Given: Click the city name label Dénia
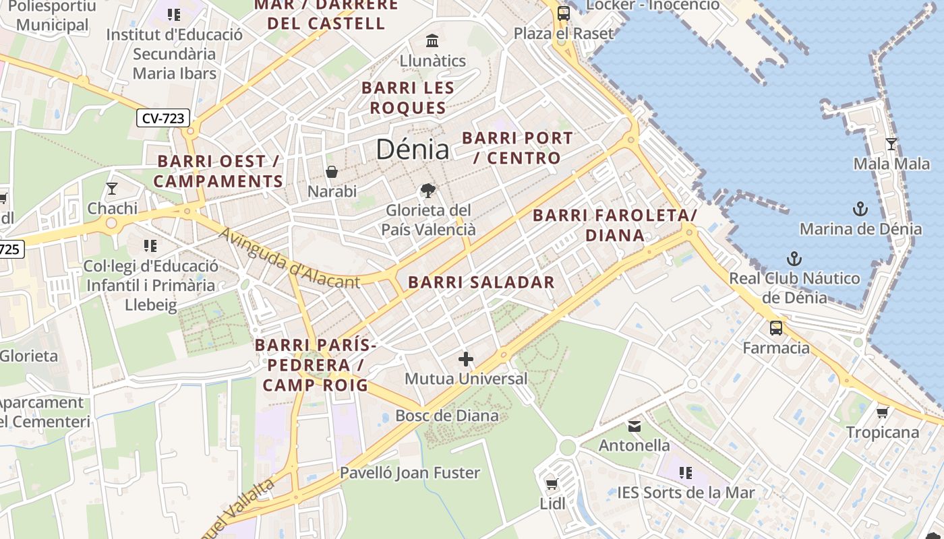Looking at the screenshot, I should pos(412,149).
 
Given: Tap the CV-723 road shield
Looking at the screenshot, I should pos(163,118).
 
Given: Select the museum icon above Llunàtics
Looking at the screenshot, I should pos(432,40).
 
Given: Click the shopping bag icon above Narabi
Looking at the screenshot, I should pos(332,172).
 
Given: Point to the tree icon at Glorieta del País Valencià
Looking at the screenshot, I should pos(427,191).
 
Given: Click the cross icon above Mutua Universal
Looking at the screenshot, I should pos(465,359).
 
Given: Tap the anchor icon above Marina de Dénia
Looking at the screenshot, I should pos(860,209).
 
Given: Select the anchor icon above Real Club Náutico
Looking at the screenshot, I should pos(794,259).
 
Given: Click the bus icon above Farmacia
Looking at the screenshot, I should pos(776,328).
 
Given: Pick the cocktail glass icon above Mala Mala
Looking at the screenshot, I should pos(891,144).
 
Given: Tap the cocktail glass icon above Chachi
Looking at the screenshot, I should pos(112,189).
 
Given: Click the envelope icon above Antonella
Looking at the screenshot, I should pos(635,426).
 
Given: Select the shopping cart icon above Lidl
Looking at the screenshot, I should pos(552,484).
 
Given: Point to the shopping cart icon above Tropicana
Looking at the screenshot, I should pos(882,412).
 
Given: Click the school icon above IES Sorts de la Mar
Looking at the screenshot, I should pos(686,473).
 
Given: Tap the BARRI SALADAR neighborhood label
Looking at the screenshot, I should pos(481,282).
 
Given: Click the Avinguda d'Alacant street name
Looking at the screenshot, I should pos(290,259).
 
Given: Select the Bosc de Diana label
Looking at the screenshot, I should pos(447,415).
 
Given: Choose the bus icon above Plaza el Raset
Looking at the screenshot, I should pos(563,13).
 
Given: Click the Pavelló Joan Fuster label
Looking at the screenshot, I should pos(410,472).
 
